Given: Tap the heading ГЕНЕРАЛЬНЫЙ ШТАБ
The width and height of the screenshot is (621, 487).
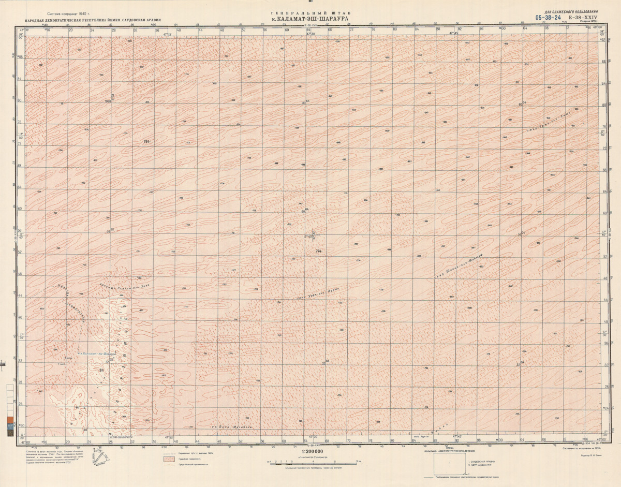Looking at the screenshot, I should click(x=310, y=13).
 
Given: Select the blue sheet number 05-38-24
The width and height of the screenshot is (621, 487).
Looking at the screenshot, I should click(x=549, y=17).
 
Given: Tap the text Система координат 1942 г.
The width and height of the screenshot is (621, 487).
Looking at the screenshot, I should click(x=68, y=14).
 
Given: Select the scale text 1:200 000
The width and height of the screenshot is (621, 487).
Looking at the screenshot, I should click(x=310, y=452).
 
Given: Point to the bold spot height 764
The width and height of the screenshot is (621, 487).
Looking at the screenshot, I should click(x=146, y=141).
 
